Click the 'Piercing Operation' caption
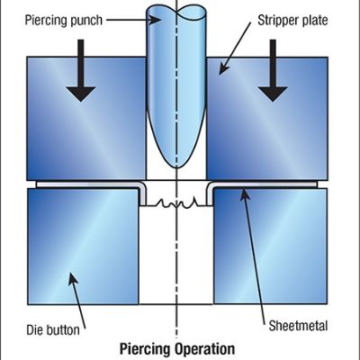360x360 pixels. click(x=177, y=348)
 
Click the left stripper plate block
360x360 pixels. click(x=86, y=117)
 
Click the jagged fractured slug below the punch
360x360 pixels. click(x=175, y=204)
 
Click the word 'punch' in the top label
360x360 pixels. click(x=81, y=19)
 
